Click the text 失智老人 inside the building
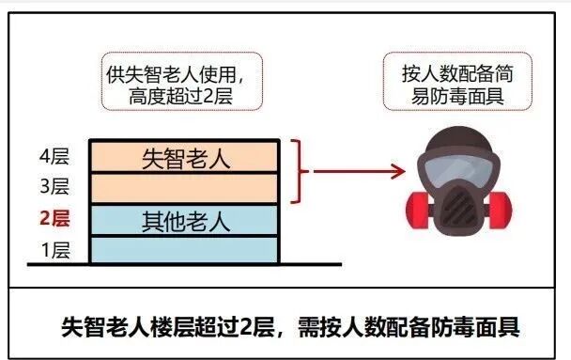185,157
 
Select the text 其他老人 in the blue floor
185,221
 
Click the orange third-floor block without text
184,188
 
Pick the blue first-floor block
184,250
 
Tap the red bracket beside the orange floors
299,171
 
